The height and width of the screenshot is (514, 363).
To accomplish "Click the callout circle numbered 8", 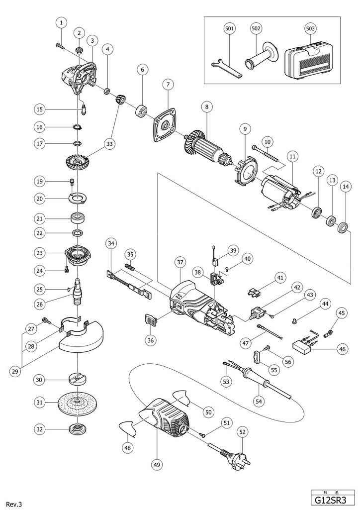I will pyautogui.click(x=205, y=106).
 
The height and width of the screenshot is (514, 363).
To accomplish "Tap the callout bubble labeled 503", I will pyautogui.click(x=310, y=29).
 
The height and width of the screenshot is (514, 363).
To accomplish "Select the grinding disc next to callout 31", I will pyautogui.click(x=77, y=401).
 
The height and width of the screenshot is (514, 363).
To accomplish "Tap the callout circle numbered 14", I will pyautogui.click(x=345, y=187).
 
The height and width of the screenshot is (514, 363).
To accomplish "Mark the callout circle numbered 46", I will pyautogui.click(x=342, y=350).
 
